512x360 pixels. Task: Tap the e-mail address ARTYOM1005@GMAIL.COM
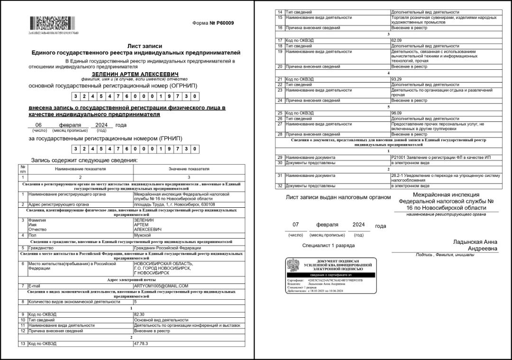point(161,286)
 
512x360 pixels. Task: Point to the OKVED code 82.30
point(139,314)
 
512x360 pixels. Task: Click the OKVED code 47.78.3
point(141,343)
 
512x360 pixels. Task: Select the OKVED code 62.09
point(396,40)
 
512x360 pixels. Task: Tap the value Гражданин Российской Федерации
point(167,248)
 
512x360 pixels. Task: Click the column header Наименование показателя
point(80,169)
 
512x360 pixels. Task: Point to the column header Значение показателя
point(189,169)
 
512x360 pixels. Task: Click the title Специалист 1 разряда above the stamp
point(328,246)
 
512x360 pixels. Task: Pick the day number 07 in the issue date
point(295,224)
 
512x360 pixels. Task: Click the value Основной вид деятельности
point(161,320)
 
